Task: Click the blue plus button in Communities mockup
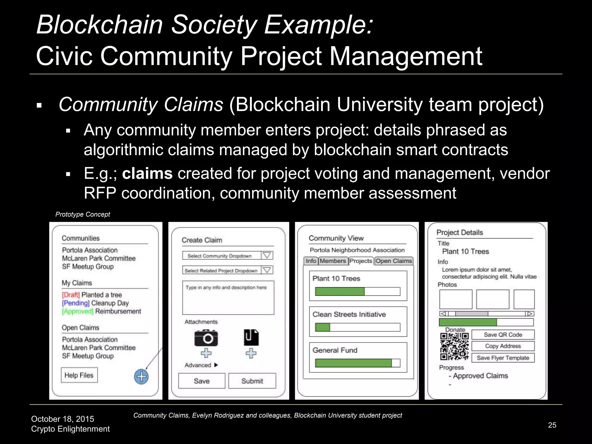coord(141,377)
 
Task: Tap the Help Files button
coord(79,375)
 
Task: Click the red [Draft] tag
coord(71,295)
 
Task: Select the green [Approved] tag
coord(77,311)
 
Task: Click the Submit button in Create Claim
coord(252,381)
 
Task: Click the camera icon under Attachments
coord(206,338)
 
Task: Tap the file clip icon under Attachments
coord(251,337)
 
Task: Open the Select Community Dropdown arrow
coord(267,256)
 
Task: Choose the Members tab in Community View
coord(333,261)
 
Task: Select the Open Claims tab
coord(394,261)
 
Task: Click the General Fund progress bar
coord(358,363)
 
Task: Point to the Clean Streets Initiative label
coord(349,314)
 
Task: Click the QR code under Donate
coord(454,346)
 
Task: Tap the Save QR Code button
coord(503,335)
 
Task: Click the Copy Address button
coord(503,346)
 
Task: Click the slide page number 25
coord(552,425)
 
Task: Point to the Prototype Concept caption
coord(83,214)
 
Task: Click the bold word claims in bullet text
coord(147,174)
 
